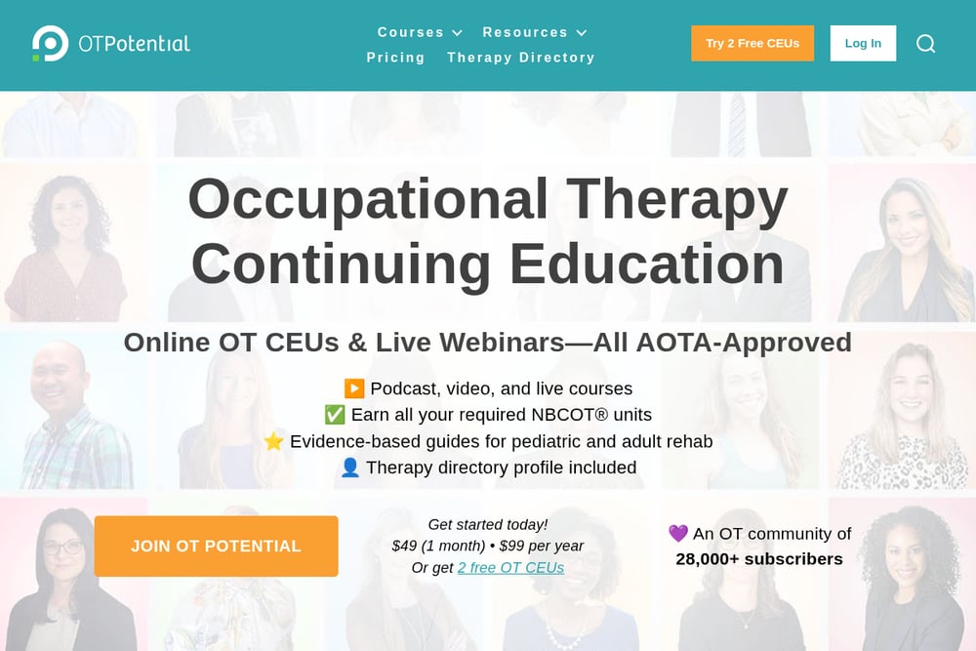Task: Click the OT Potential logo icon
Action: (50, 43)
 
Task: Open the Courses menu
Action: (420, 32)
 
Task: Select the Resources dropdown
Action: (535, 32)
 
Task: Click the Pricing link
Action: (395, 58)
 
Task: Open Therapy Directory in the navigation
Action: (521, 58)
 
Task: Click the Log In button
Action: (863, 44)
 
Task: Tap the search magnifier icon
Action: (925, 44)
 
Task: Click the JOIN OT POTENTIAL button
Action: (216, 546)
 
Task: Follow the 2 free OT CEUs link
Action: (511, 568)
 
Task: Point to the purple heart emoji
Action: (678, 533)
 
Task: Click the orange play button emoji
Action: (354, 388)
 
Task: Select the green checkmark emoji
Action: (335, 415)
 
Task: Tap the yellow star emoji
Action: (273, 441)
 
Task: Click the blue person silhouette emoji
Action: (349, 468)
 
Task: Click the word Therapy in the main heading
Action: (677, 199)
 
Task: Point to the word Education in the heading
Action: (647, 264)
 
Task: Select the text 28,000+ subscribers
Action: (759, 559)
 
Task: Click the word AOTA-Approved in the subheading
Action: (722, 343)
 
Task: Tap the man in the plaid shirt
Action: (73, 413)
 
